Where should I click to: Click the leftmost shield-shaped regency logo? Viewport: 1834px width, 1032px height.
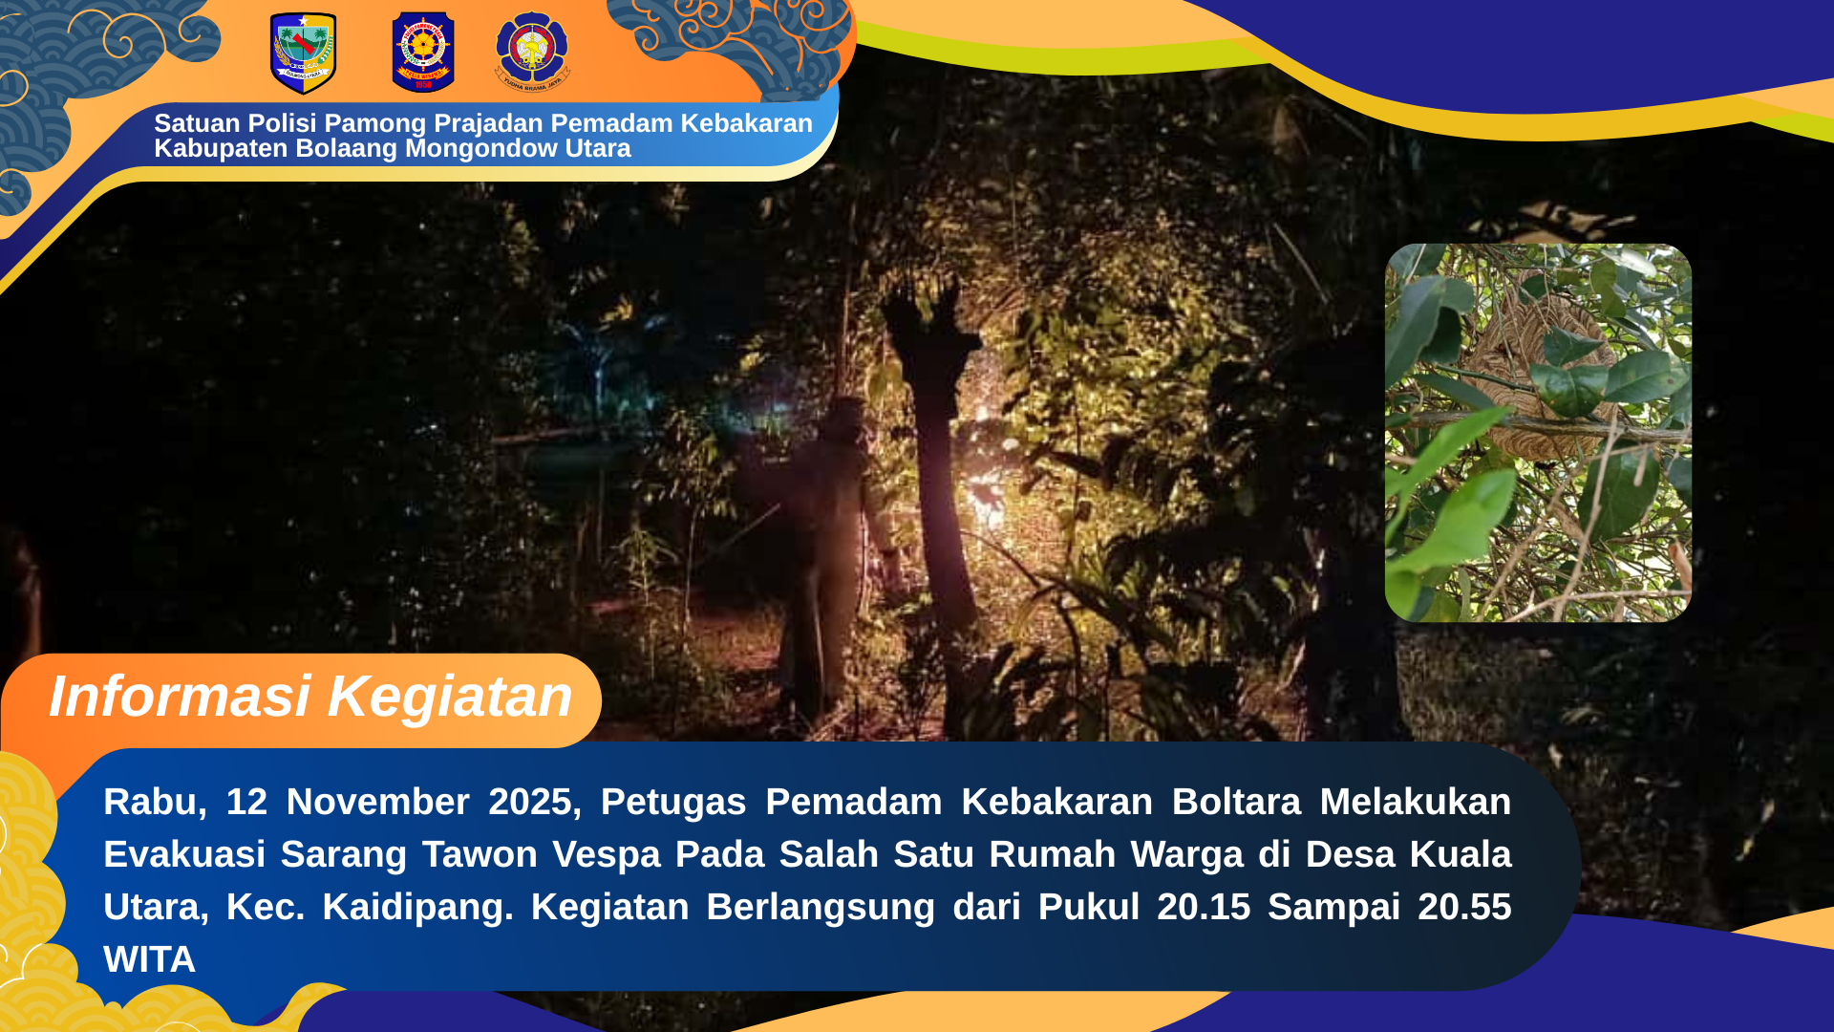click(303, 54)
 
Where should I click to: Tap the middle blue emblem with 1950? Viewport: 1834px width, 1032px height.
click(423, 53)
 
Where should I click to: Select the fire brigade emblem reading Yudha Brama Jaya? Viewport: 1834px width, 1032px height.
click(532, 52)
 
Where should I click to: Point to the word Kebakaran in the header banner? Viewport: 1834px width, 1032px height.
click(746, 123)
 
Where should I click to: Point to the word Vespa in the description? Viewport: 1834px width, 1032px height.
click(607, 855)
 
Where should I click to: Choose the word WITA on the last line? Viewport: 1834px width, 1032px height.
click(150, 960)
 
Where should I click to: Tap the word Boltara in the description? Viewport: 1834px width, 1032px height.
click(1236, 803)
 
